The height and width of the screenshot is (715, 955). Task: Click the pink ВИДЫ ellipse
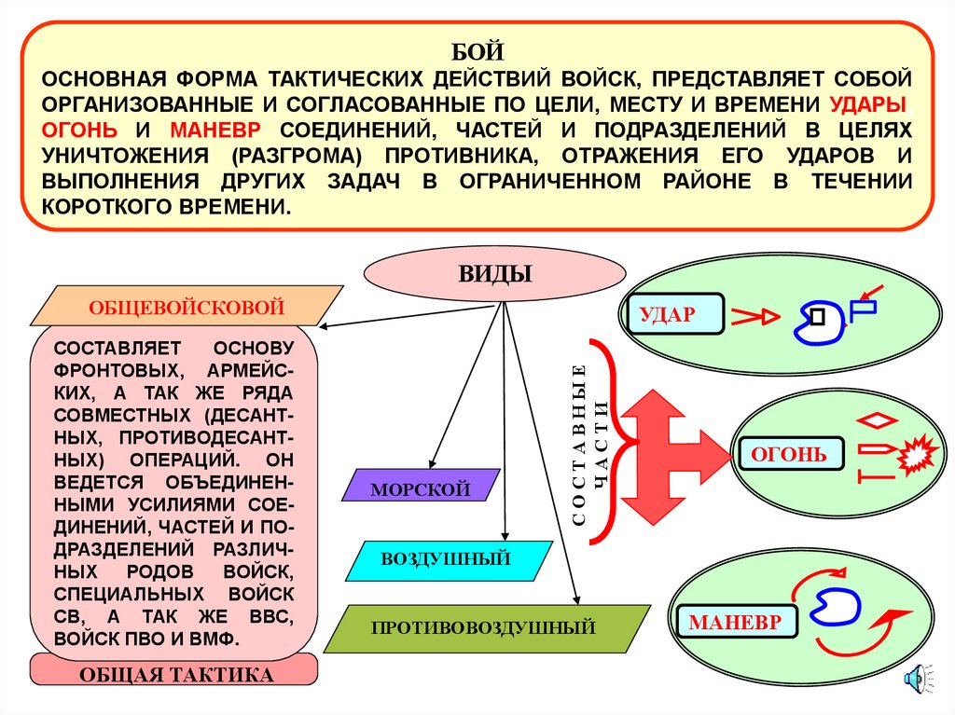[x=494, y=274]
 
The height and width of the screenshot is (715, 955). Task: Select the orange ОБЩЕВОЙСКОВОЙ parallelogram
[x=187, y=306]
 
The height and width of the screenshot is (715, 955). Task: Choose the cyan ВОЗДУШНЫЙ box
[x=445, y=559]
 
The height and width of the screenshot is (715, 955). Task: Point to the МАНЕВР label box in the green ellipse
[x=742, y=622]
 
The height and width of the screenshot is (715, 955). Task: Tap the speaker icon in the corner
[x=917, y=679]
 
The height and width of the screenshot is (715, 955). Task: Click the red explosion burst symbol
[x=917, y=457]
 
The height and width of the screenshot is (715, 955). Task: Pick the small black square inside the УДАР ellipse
[x=818, y=316]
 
